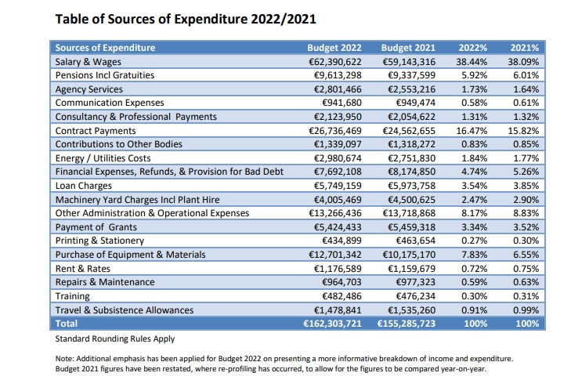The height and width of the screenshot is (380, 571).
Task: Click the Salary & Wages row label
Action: [89, 61]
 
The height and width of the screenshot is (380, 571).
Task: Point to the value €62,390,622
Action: [334, 61]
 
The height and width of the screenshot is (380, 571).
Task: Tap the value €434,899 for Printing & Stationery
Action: [343, 241]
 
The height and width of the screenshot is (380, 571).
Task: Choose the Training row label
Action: [73, 296]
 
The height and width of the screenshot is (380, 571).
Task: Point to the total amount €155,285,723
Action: [403, 324]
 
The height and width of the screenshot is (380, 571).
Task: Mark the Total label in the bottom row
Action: [67, 324]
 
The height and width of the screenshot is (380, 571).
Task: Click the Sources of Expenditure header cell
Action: [105, 47]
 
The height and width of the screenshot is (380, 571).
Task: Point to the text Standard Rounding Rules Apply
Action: [114, 339]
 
